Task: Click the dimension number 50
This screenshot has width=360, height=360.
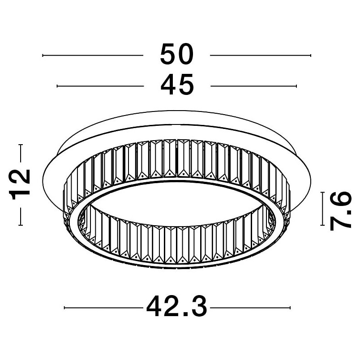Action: coord(177,55)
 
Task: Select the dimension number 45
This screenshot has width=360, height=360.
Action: coord(177,85)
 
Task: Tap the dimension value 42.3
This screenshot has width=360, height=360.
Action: coord(176,307)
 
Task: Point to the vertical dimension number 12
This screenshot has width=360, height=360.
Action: coord(20,185)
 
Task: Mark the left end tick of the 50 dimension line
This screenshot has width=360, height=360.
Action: coord(43,56)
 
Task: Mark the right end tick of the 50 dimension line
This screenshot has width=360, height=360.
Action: coord(311,56)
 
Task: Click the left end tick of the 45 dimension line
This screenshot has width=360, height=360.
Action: coord(57,86)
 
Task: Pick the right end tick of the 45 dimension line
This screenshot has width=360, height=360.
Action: coord(296,86)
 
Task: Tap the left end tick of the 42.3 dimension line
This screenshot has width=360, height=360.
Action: coord(64,308)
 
